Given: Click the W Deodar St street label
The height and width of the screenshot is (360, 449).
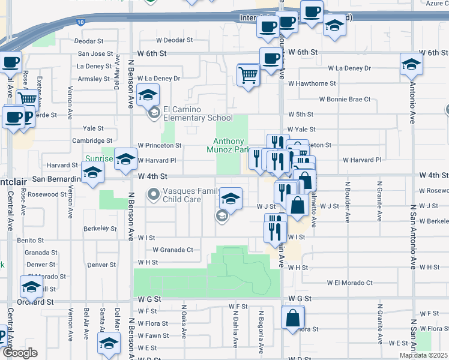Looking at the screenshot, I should coord(174,41).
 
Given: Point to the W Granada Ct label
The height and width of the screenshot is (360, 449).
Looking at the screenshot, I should coord(173,250).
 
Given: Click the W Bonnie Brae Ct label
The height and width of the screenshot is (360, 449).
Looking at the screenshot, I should coord(345,99).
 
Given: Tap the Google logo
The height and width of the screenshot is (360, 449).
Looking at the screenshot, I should coord(20,353).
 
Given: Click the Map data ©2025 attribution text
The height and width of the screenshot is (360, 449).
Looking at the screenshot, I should coord(424,355).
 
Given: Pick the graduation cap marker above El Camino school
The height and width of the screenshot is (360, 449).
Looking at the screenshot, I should coord(148,95).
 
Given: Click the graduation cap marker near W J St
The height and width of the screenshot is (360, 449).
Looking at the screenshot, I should coord(231,197).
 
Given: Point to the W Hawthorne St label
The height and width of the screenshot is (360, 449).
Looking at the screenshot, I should coord(312,83).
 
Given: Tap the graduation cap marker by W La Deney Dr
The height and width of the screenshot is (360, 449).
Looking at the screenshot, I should coord(411,65).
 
